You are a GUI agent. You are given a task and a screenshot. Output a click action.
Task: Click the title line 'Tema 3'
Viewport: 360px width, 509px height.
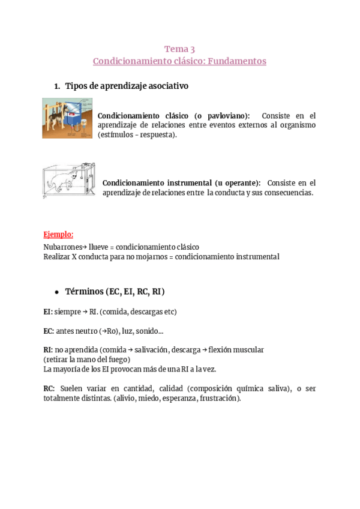pyautogui.click(x=179, y=49)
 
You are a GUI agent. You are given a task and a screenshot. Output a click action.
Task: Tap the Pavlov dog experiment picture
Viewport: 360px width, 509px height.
pyautogui.click(x=67, y=118)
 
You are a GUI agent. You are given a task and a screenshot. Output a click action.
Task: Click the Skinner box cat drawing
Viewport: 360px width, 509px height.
pyautogui.click(x=69, y=180)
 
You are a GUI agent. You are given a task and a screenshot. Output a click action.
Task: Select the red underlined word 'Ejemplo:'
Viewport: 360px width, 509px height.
pyautogui.click(x=58, y=234)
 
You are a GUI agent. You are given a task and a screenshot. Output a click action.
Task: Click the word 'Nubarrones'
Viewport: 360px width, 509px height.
pyautogui.click(x=63, y=247)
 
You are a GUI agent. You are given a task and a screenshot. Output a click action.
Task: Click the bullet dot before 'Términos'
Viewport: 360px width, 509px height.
pyautogui.click(x=56, y=292)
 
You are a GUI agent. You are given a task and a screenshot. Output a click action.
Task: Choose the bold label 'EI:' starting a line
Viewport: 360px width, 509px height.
pyautogui.click(x=48, y=312)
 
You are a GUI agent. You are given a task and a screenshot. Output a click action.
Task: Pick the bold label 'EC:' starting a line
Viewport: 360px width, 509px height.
pyautogui.click(x=49, y=331)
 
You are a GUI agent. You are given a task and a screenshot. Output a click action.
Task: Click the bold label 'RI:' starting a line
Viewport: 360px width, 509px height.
pyautogui.click(x=48, y=349)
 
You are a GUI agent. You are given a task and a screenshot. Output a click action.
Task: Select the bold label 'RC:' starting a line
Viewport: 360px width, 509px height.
pyautogui.click(x=49, y=388)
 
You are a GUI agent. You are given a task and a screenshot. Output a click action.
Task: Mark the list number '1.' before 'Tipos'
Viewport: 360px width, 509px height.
pyautogui.click(x=57, y=86)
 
